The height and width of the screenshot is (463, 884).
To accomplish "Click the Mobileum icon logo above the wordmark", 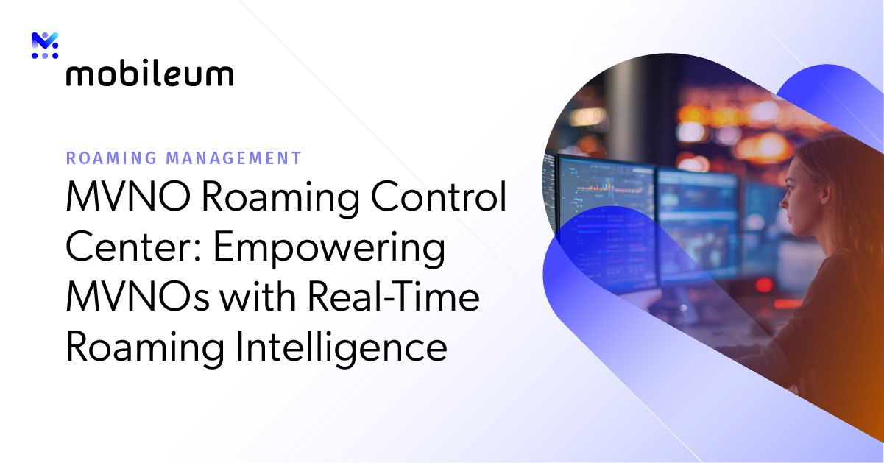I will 45,46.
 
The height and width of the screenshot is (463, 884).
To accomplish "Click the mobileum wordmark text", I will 149,74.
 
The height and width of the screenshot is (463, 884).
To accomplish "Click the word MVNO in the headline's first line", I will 119,199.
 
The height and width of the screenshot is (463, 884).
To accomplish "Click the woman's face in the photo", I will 799,195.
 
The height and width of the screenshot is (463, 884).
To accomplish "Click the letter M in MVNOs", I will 83,297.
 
